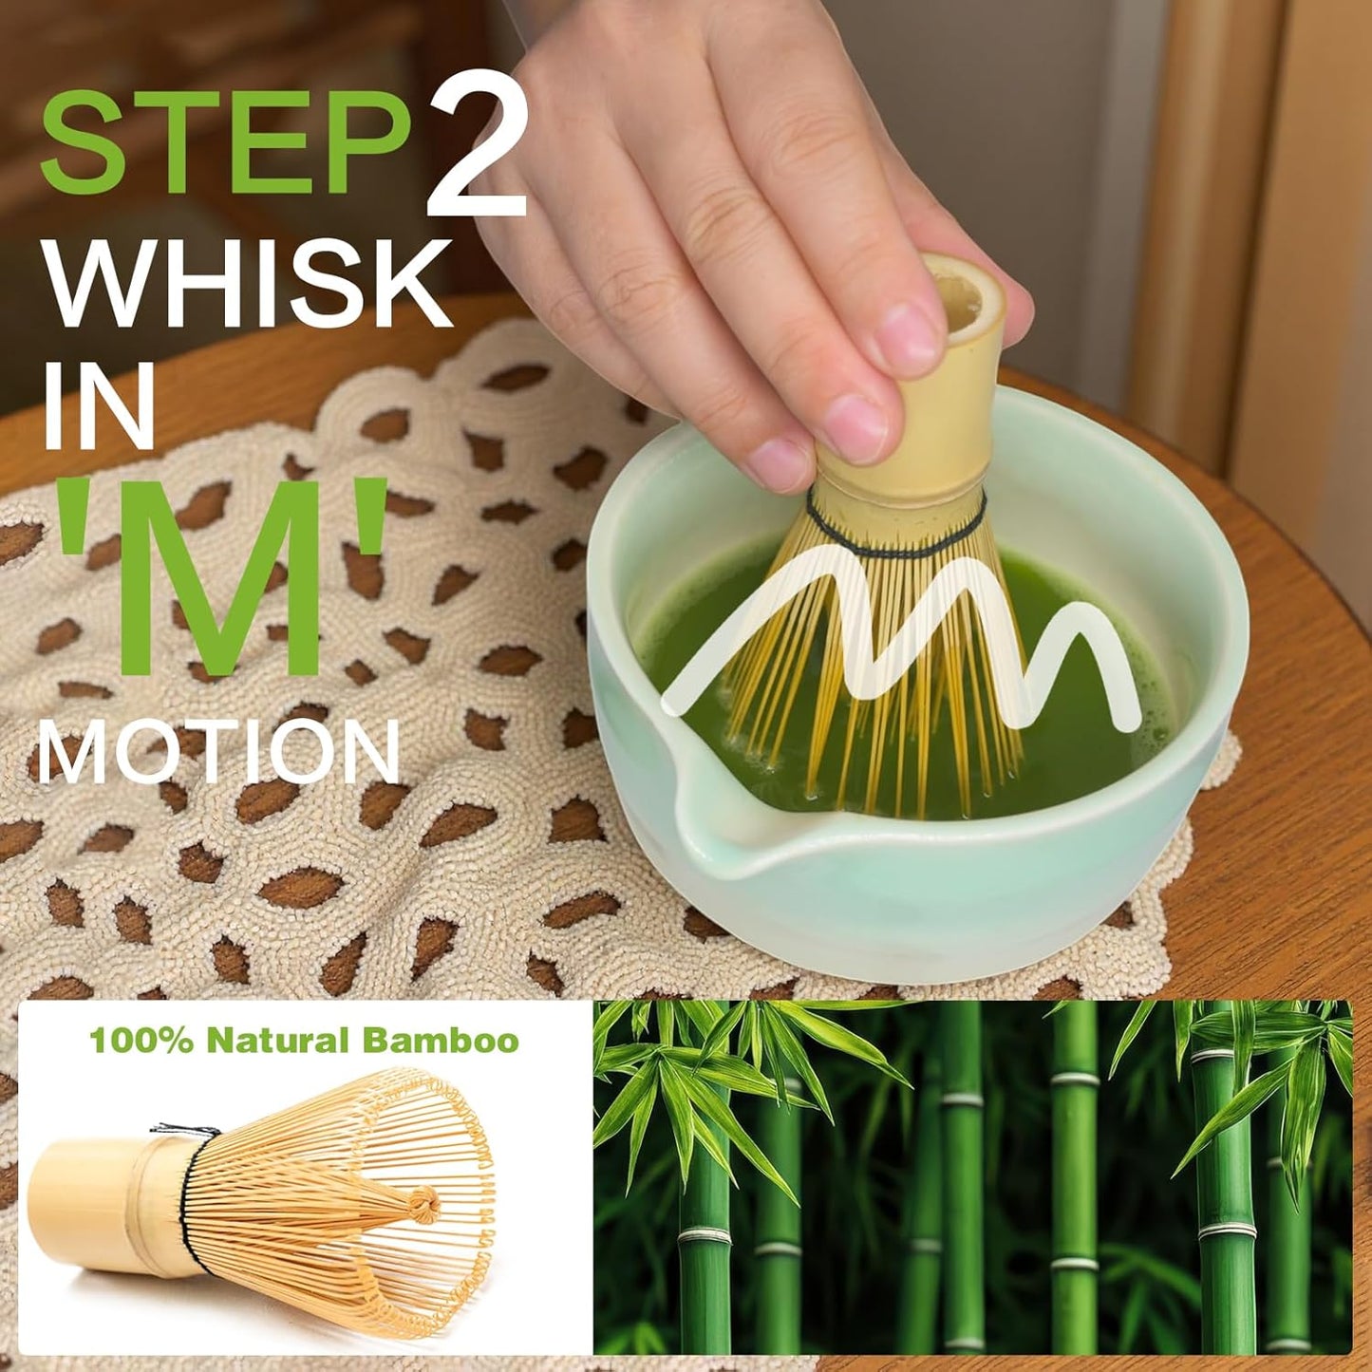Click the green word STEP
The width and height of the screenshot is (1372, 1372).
(223, 142)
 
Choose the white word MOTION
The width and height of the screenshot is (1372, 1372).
(218, 750)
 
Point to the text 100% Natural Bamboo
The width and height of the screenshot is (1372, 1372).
(304, 1041)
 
